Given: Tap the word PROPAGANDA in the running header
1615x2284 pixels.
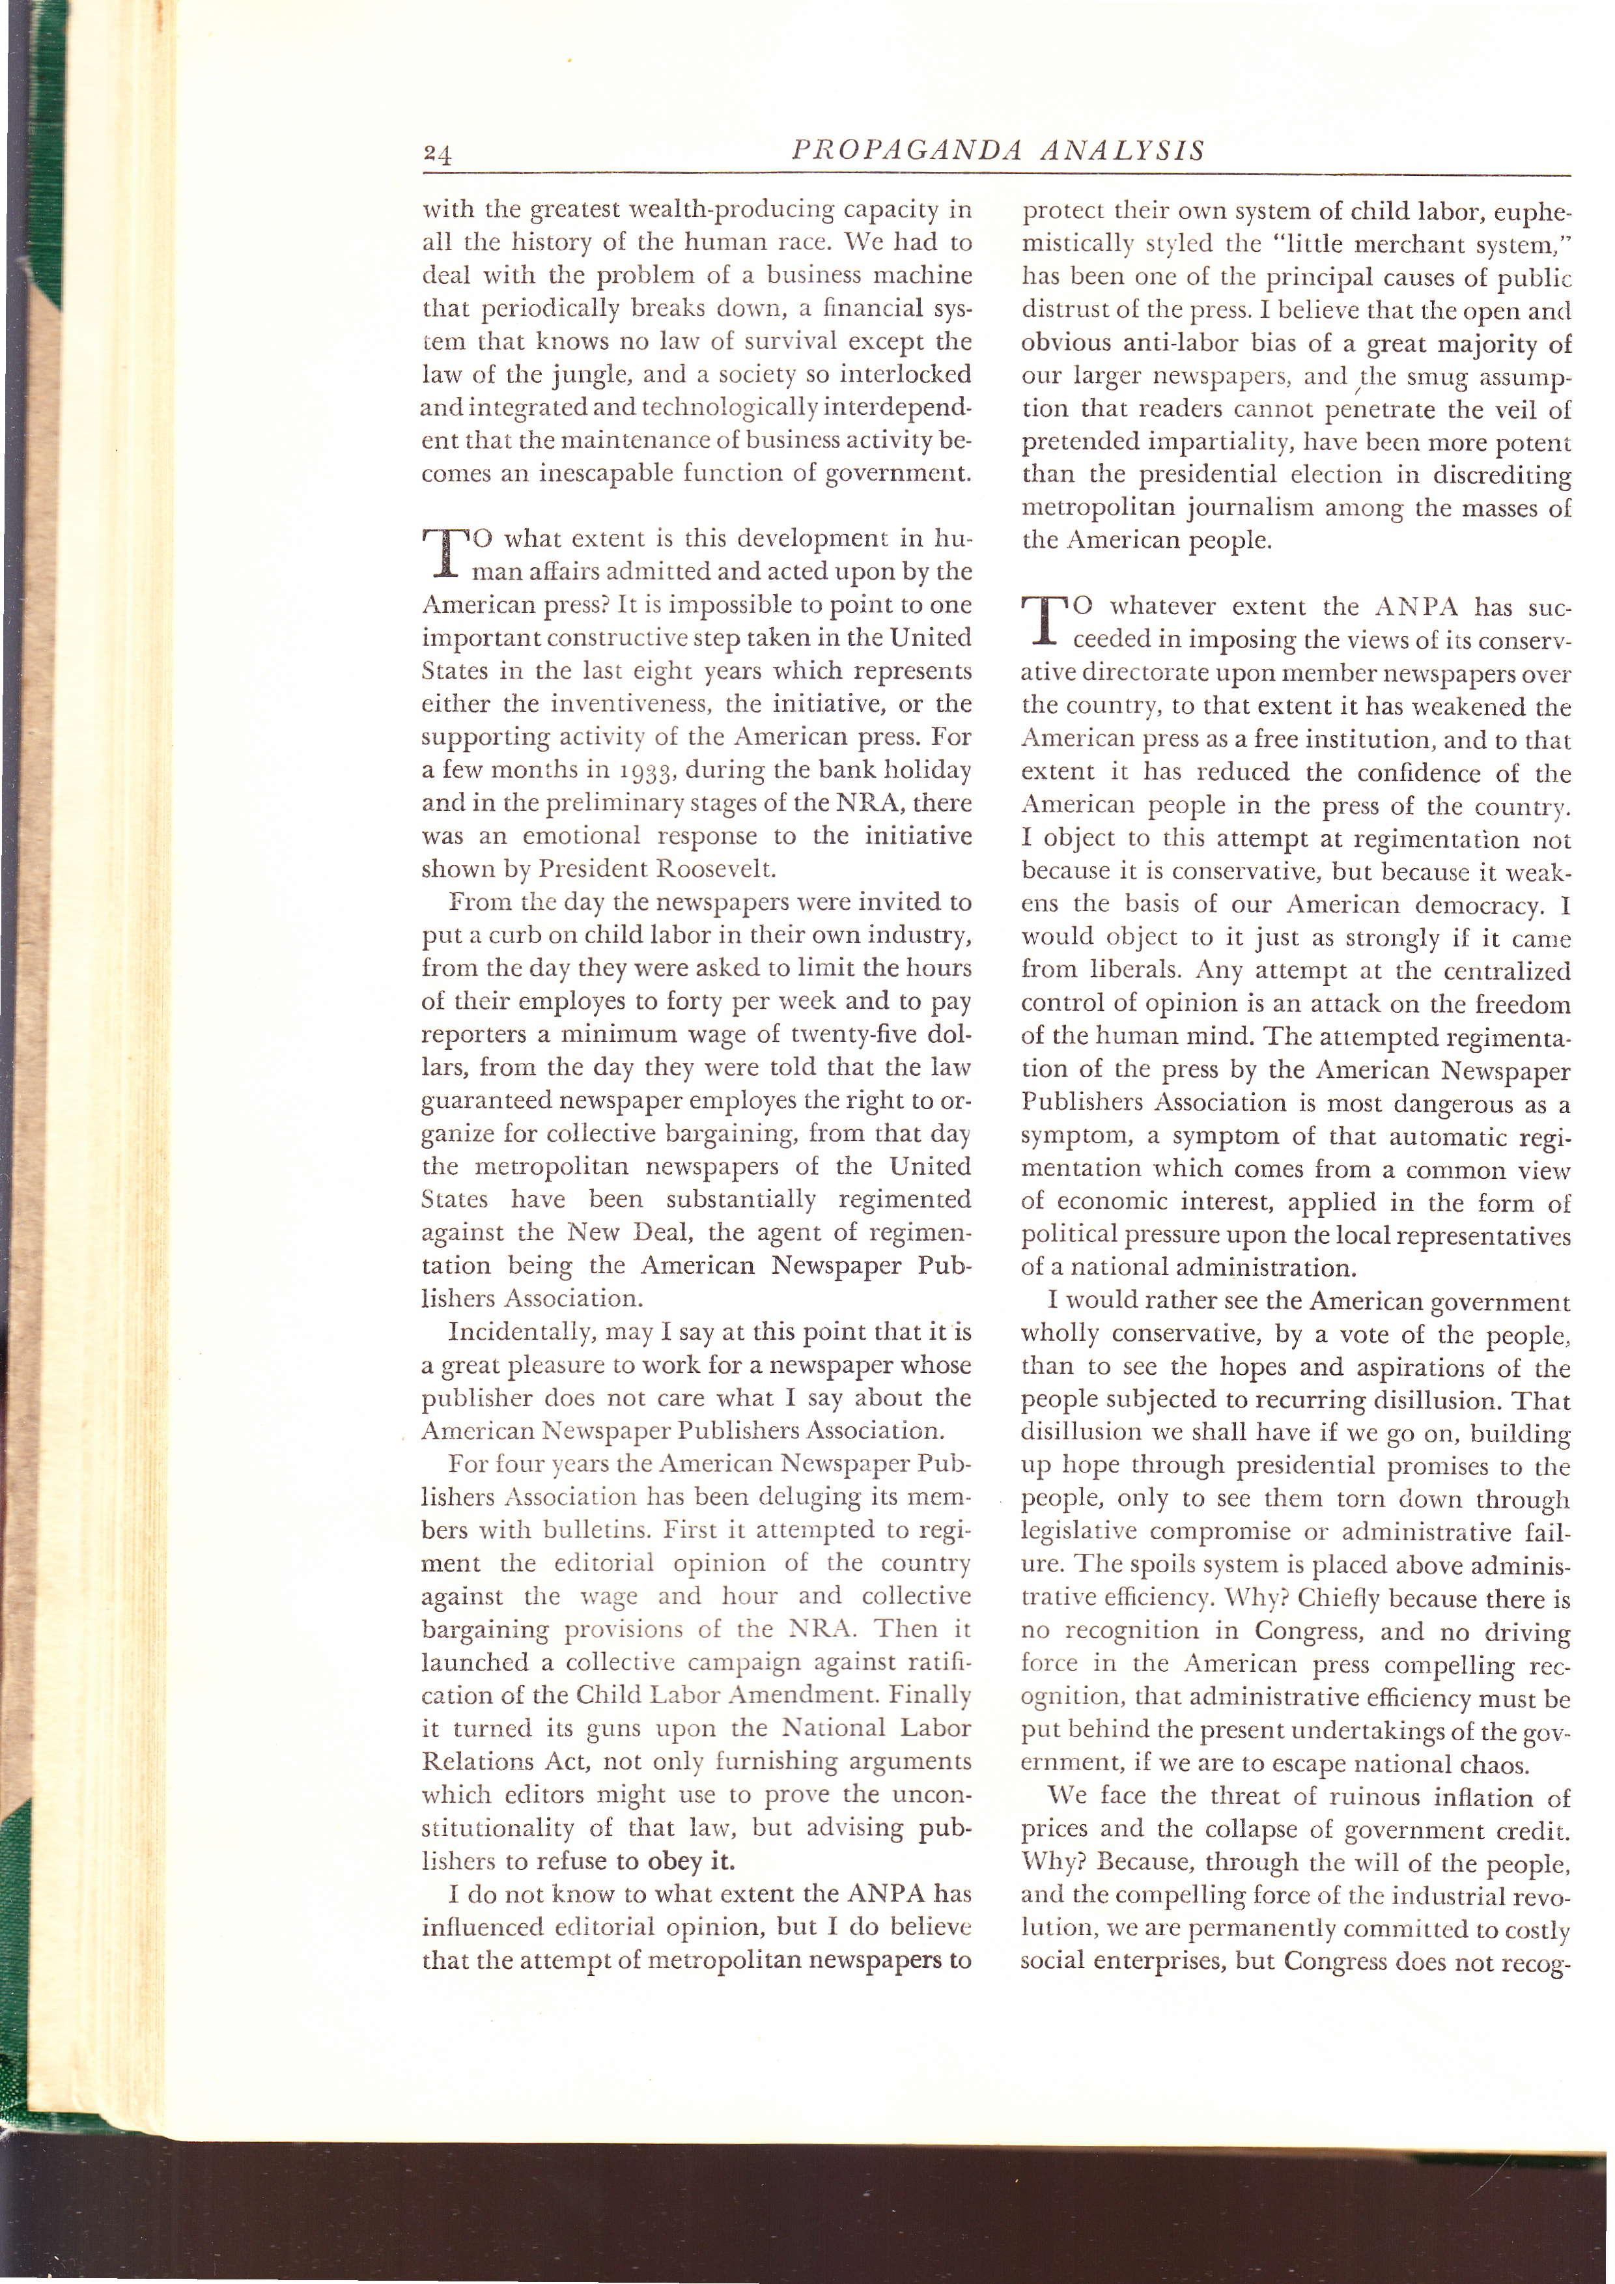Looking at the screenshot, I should pyautogui.click(x=906, y=151).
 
